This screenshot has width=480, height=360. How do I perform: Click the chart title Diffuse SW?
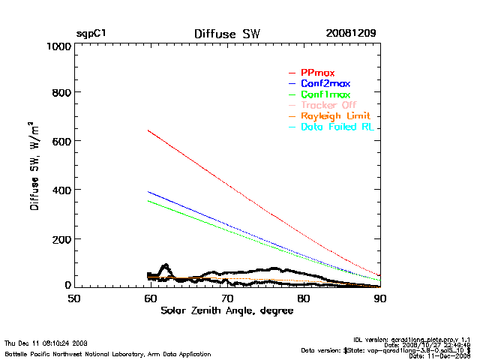coord(227,34)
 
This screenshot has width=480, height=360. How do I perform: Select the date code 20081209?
coord(351,34)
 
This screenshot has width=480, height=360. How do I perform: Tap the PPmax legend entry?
coord(317,73)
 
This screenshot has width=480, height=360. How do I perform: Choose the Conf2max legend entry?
coord(325,83)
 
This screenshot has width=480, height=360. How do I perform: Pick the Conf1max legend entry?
coord(325,94)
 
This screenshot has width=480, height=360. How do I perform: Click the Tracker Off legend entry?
coord(329,105)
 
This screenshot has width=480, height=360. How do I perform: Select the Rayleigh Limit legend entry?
coord(334,116)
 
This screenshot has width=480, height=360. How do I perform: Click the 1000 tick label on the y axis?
coord(58,46)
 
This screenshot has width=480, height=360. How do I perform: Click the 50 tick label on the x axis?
coord(74,298)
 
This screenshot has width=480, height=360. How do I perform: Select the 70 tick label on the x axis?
coord(227,298)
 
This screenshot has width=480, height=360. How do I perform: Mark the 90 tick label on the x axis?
coord(380,298)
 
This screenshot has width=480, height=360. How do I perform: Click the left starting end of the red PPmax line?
coord(148,130)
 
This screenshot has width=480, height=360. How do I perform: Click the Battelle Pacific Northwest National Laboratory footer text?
coord(107,353)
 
